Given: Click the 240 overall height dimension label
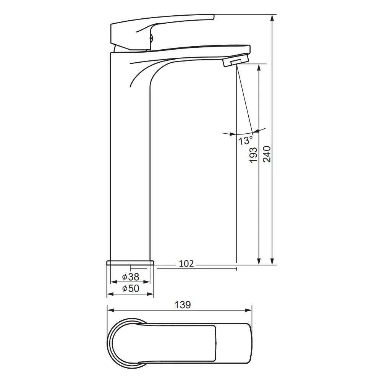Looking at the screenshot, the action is [x=267, y=154].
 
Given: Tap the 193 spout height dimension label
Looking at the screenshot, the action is [x=253, y=155].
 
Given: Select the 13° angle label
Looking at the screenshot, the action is [x=245, y=141].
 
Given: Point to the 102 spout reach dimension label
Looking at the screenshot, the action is [x=186, y=264].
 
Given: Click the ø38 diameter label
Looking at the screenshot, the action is [x=131, y=277].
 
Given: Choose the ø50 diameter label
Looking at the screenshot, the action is [x=131, y=288].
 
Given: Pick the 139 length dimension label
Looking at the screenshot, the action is [x=183, y=305].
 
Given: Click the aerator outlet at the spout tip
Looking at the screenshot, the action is [x=236, y=60].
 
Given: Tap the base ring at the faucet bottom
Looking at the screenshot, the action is [x=130, y=262].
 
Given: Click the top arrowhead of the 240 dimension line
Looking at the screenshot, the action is [x=273, y=18].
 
